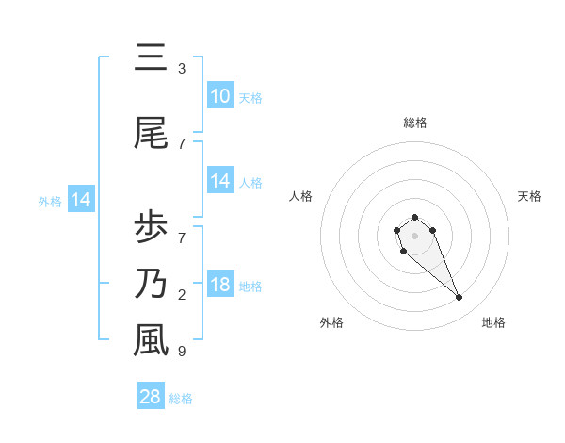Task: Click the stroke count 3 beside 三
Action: (181, 69)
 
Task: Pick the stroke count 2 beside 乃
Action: (181, 295)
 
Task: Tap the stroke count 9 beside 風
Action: (181, 352)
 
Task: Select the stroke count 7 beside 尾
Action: (181, 144)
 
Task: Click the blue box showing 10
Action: (220, 96)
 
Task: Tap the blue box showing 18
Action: (220, 285)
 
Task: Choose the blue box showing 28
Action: (151, 397)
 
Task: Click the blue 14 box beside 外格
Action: (80, 200)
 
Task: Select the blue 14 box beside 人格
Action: (220, 181)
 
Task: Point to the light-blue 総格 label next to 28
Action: (181, 399)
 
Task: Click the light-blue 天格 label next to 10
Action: (250, 98)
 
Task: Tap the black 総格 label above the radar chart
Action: (415, 123)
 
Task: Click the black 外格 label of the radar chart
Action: (331, 322)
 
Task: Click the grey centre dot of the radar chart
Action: (414, 234)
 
